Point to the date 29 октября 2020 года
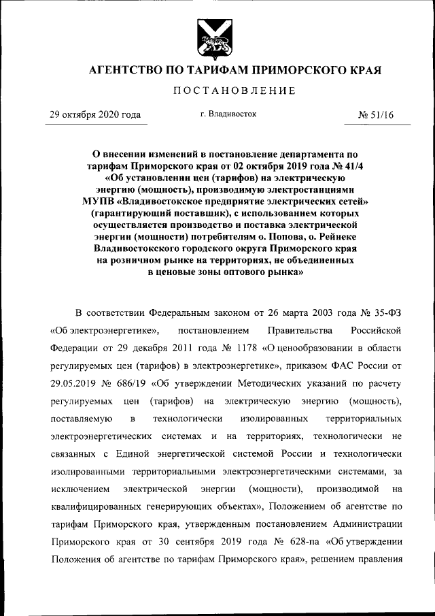point(94,115)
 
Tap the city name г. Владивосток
point(228,114)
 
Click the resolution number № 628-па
point(294,542)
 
